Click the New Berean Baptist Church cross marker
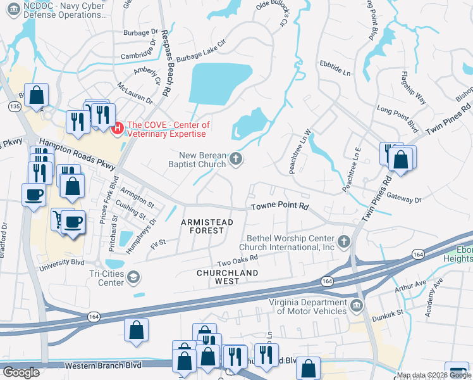[x=236, y=158]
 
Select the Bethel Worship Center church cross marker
[x=343, y=241]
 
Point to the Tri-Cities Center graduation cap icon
[x=134, y=277]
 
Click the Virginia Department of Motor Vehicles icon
[x=357, y=307]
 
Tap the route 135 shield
[x=15, y=107]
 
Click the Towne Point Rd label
[x=279, y=206]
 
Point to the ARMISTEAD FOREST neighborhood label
[x=207, y=227]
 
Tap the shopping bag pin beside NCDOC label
[x=37, y=96]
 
